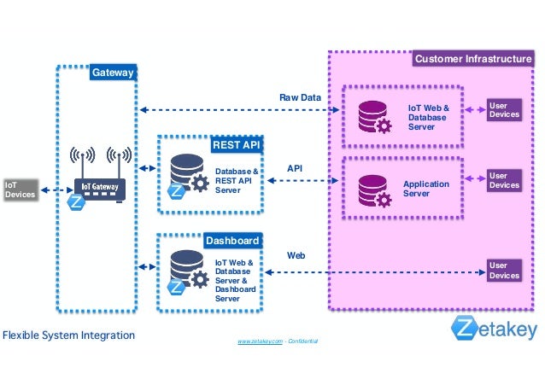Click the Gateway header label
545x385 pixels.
[x=113, y=73]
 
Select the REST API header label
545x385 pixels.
[x=236, y=145]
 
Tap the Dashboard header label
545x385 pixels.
[x=231, y=241]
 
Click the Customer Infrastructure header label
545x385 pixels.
[x=472, y=59]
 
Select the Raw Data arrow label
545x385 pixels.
[x=300, y=98]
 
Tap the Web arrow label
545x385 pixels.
[x=296, y=255]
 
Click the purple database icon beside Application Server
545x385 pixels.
[x=374, y=190]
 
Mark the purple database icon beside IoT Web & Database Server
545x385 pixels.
[x=374, y=116]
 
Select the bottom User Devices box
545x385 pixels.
[x=503, y=271]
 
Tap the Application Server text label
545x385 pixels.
[x=425, y=189]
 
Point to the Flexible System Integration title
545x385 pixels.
[x=68, y=335]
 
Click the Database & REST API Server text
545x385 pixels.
[x=236, y=180]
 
